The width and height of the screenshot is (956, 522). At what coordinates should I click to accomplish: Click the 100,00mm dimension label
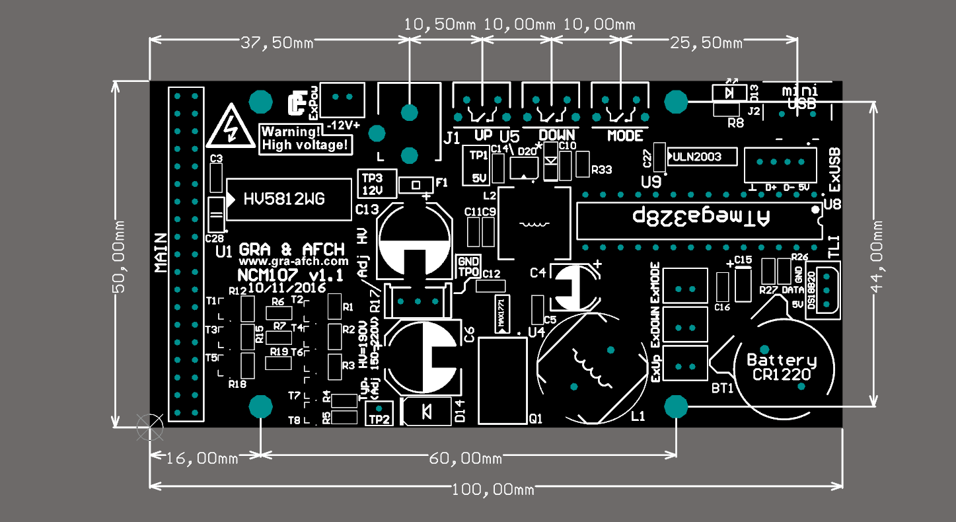coord(493,490)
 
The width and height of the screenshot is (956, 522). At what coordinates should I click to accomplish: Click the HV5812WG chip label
coord(284,199)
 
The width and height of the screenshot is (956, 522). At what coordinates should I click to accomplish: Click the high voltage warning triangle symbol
coord(230,127)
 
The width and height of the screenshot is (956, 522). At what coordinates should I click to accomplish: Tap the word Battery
coord(782,361)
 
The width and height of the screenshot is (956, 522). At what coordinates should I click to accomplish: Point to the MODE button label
coord(625,136)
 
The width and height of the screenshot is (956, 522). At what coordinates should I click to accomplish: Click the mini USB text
coord(801,97)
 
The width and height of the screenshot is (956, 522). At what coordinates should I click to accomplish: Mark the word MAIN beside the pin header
coord(161,252)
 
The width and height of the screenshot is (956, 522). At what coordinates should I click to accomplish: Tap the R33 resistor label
coord(601,170)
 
